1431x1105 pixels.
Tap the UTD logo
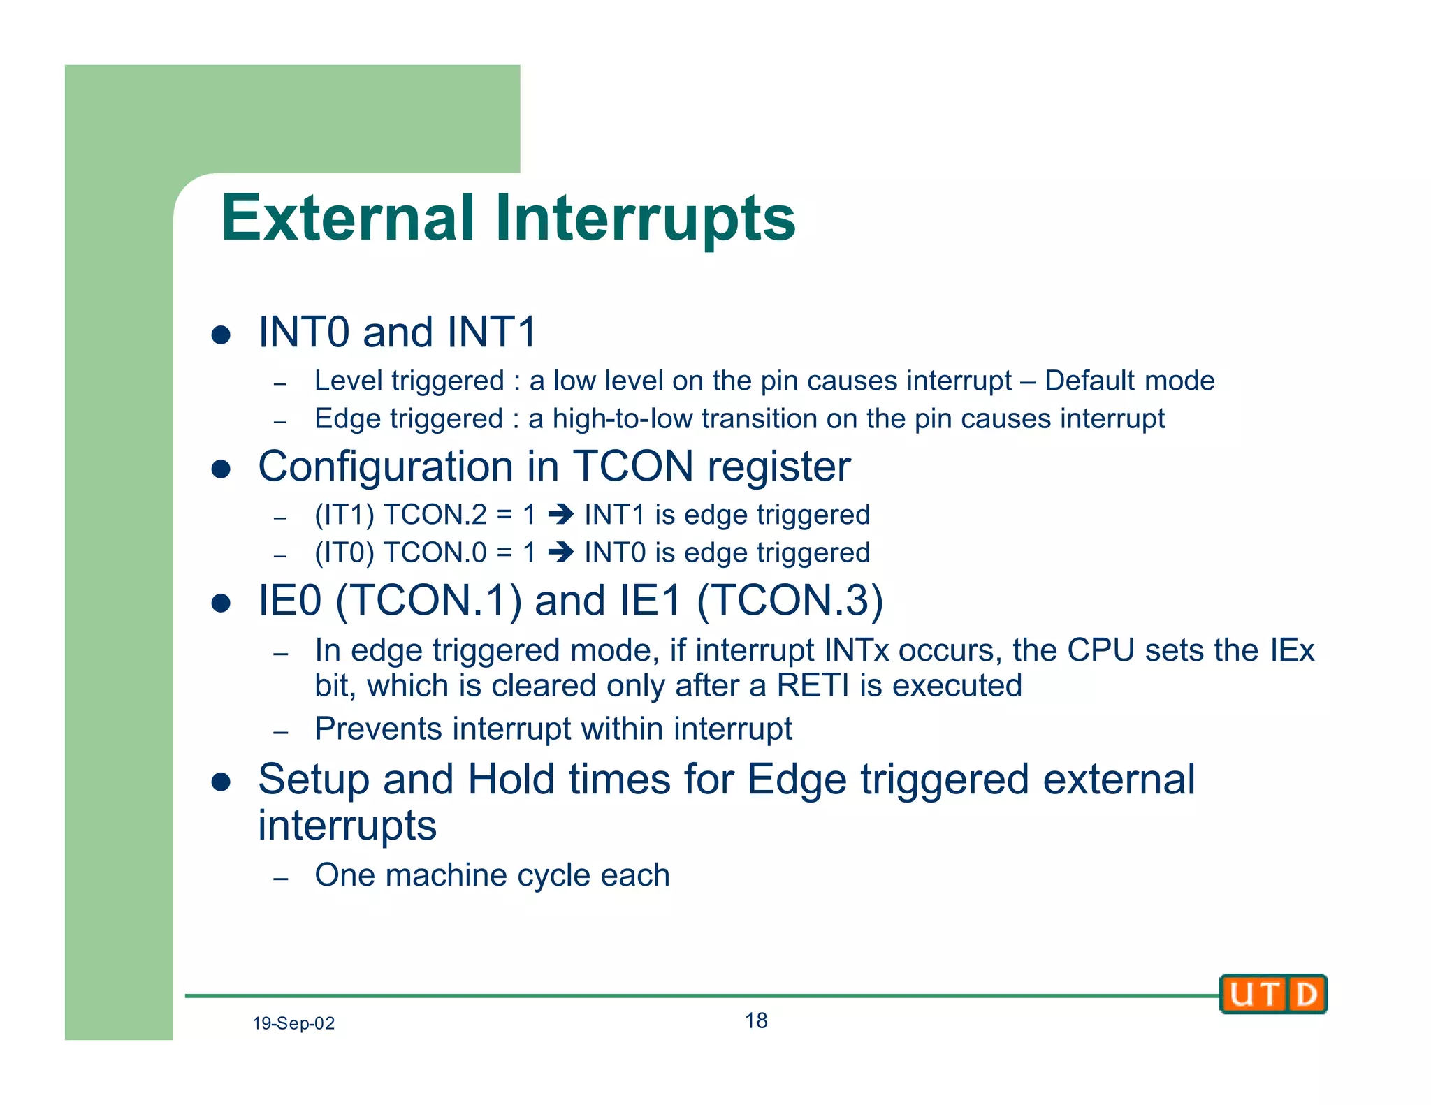tap(1272, 993)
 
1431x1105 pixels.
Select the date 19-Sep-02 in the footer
tap(293, 1023)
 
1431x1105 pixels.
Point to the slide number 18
tap(755, 1020)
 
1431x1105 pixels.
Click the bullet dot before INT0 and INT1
tap(221, 335)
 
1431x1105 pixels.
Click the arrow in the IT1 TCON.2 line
tap(560, 515)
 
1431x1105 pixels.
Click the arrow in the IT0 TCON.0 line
tap(560, 553)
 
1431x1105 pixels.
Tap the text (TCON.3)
tap(790, 600)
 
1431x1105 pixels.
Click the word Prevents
tap(378, 729)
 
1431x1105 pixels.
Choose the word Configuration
tap(386, 467)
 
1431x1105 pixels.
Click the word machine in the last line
tap(446, 875)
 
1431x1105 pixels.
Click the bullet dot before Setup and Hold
tap(221, 782)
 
